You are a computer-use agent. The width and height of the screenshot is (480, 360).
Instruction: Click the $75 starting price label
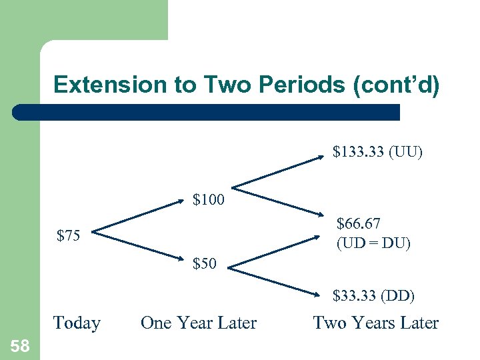tap(69, 235)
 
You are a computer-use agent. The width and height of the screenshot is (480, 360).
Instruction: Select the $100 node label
tap(209, 199)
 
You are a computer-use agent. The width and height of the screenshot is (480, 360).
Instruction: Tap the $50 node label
tap(204, 263)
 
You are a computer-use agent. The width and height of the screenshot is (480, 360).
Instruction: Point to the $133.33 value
tap(358, 153)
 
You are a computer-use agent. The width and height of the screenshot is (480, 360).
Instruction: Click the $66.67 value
tap(359, 223)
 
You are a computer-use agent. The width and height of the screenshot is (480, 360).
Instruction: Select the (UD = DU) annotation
tap(373, 243)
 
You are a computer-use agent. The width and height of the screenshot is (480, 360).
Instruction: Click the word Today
tap(77, 323)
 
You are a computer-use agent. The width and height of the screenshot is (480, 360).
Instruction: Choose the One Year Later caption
tap(199, 323)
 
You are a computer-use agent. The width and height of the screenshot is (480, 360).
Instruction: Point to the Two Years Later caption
tap(376, 323)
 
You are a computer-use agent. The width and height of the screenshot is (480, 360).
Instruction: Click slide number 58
tap(20, 345)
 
